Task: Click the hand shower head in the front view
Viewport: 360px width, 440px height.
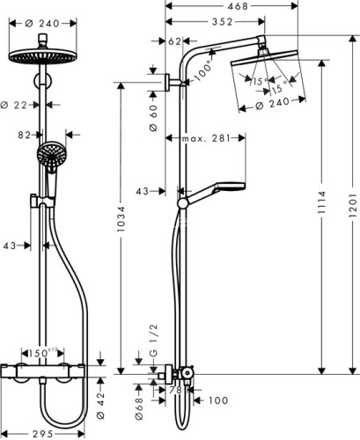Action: (x=50, y=157)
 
